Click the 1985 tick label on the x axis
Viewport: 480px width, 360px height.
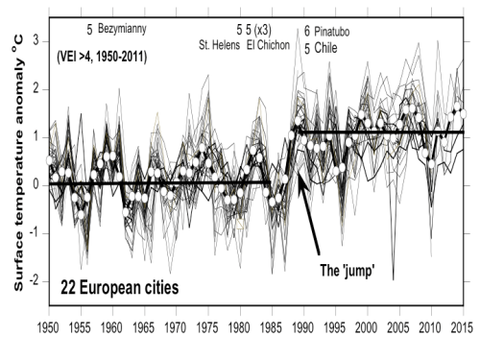click(x=272, y=327)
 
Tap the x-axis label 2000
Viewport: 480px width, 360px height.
click(x=367, y=327)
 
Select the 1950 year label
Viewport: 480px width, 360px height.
click(x=48, y=327)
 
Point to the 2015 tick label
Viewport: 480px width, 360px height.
click(x=462, y=327)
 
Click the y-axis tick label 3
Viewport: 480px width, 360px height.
click(x=36, y=41)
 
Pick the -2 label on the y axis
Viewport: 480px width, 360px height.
click(x=34, y=281)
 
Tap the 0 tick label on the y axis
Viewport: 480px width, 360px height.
click(x=36, y=185)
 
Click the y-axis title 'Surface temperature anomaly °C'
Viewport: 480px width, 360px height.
click(x=18, y=164)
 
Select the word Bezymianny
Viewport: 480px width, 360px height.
click(x=122, y=29)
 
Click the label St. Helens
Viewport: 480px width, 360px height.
click(x=219, y=45)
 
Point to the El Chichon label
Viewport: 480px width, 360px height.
click(x=268, y=45)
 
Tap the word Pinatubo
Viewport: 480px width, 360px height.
click(x=331, y=32)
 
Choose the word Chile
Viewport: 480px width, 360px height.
click(x=325, y=48)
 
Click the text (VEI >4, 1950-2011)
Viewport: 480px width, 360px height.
click(x=102, y=58)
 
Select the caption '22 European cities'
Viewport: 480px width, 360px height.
click(x=120, y=287)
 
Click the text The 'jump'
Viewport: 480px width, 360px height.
click(x=348, y=271)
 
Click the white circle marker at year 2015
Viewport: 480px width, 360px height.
click(x=463, y=114)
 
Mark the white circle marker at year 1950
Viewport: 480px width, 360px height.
click(x=49, y=160)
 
